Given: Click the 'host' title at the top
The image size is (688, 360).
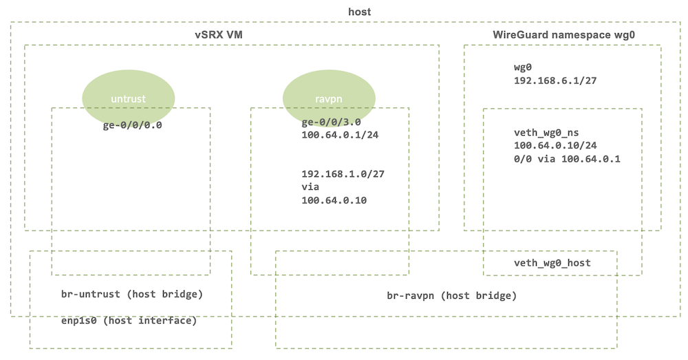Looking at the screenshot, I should click(360, 12).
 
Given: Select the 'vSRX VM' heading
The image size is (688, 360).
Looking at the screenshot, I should click(219, 34).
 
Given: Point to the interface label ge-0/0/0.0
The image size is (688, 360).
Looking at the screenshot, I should click(131, 126).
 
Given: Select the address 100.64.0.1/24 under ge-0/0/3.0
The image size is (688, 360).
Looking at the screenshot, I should click(340, 135).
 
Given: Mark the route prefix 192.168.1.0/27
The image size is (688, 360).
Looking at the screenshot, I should click(343, 174).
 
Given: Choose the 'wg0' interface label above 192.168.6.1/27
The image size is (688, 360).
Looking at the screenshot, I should click(524, 67).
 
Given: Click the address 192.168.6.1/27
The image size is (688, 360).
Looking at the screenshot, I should click(555, 80).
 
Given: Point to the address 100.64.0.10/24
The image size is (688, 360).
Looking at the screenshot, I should click(555, 146).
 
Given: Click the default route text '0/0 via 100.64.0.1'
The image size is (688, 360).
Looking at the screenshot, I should click(563, 159).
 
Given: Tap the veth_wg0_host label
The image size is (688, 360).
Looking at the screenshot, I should click(552, 263).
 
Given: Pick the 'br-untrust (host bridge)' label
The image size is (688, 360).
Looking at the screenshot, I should click(131, 295).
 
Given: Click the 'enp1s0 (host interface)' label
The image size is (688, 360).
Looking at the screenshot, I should click(129, 321).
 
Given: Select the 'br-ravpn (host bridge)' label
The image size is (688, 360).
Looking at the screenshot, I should click(451, 296).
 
